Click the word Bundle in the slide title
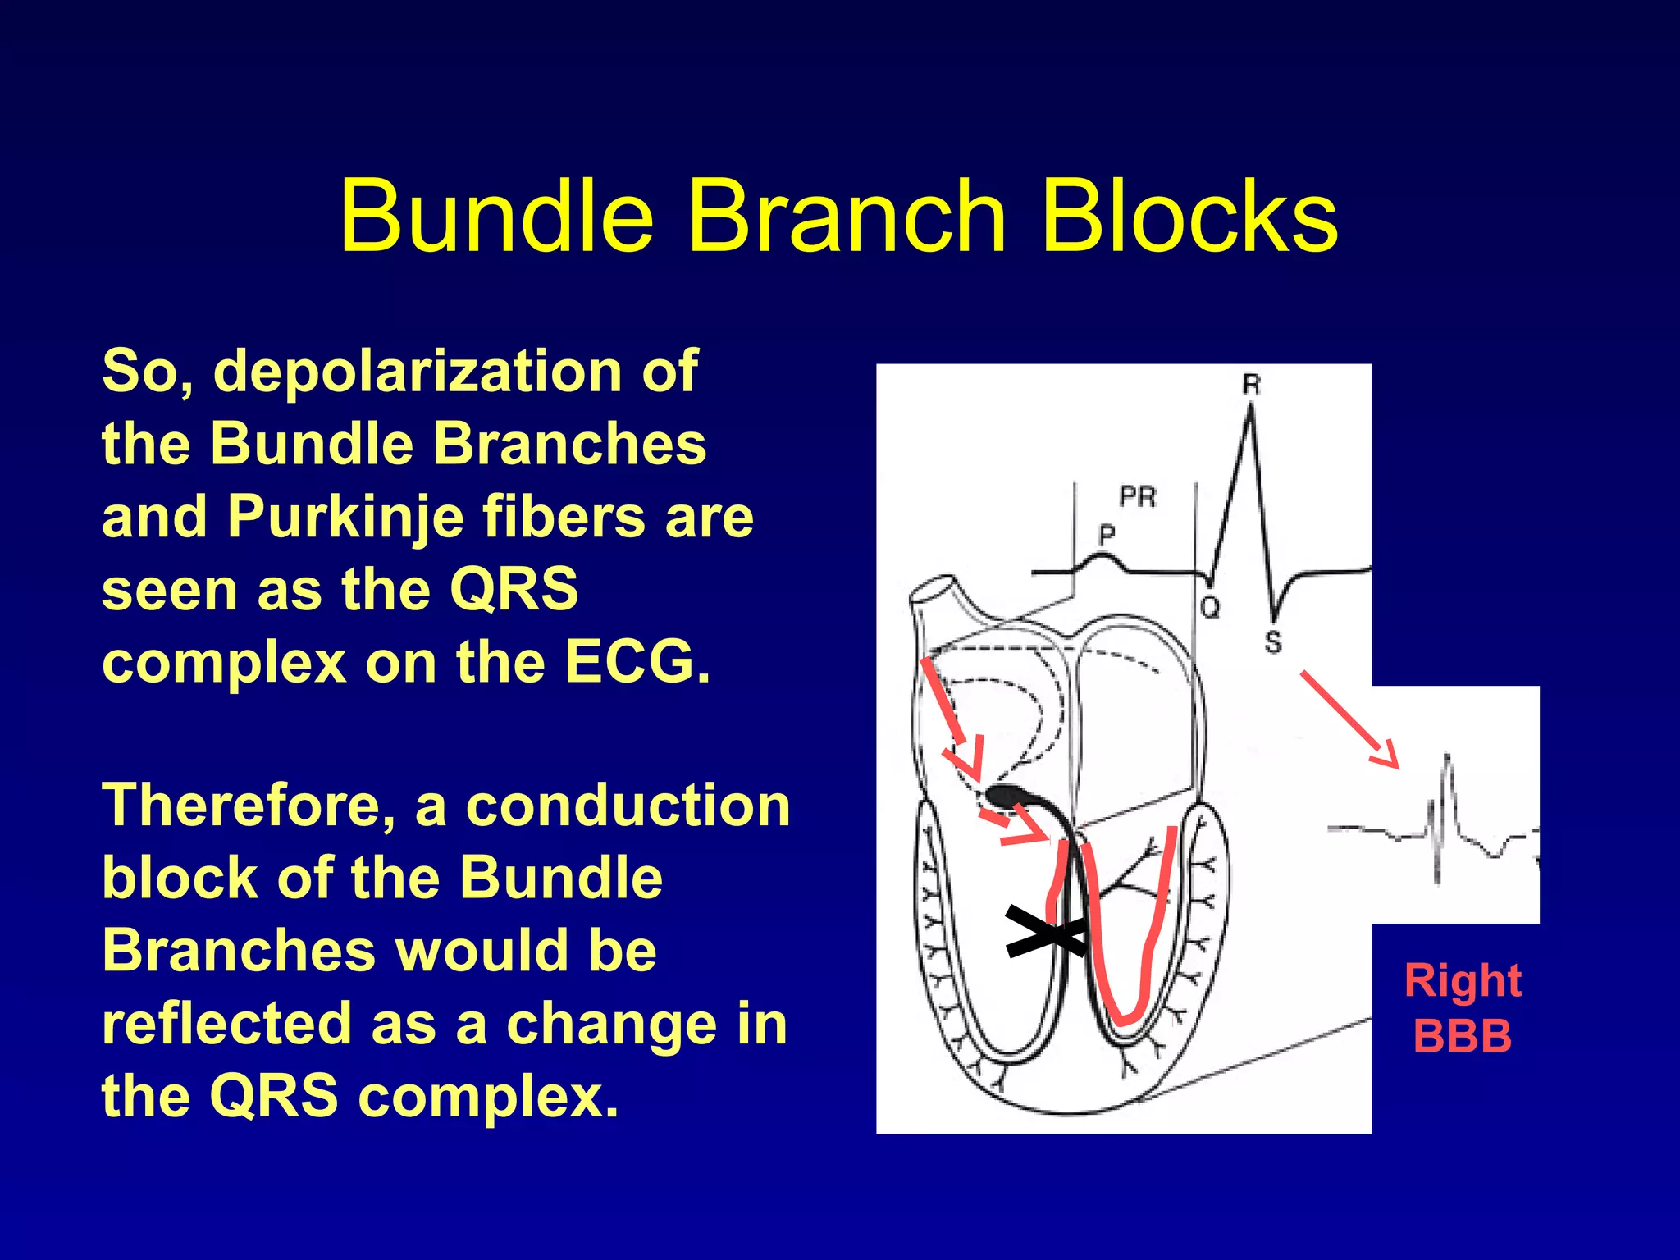point(496,217)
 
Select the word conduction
point(628,806)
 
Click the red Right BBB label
point(1463,1007)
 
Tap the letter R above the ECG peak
point(1251,384)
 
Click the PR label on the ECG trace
point(1138,496)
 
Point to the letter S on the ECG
point(1272,642)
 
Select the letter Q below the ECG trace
point(1210,608)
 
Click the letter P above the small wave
point(1107,535)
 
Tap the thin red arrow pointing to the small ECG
point(1349,719)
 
